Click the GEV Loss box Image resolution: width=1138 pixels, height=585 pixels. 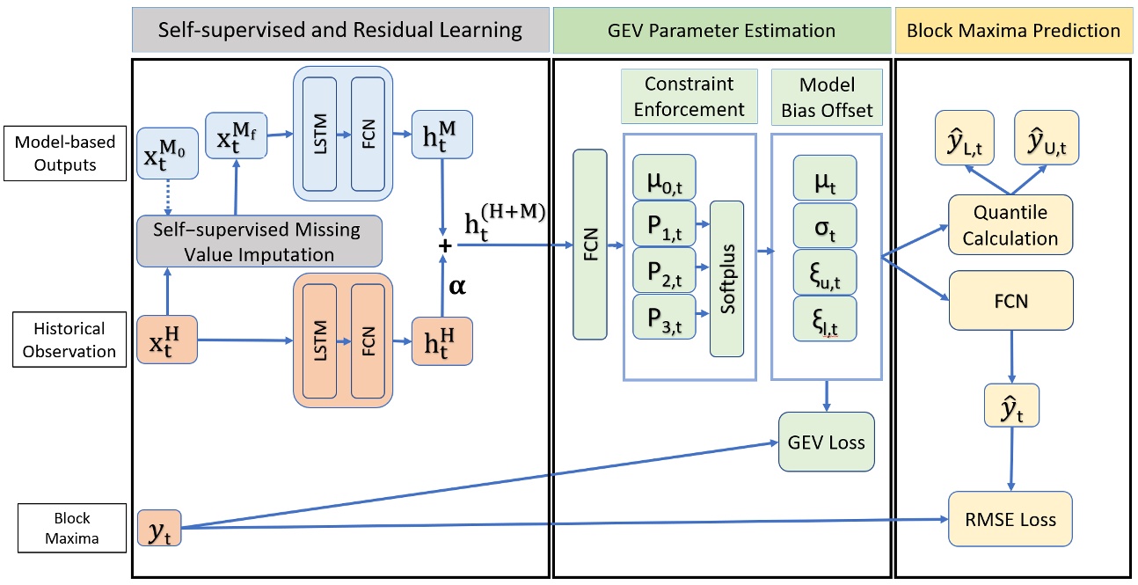coord(827,442)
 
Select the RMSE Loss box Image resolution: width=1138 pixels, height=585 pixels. coord(1010,520)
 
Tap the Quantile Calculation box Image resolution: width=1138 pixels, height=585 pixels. coord(1010,227)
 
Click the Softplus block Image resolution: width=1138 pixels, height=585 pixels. coord(726,278)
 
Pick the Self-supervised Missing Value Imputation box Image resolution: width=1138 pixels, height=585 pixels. coord(259,241)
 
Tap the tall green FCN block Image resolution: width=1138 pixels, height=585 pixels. coord(589,244)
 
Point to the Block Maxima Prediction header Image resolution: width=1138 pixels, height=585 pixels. coord(1013,31)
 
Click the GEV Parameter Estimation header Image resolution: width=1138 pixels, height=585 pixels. coord(722,31)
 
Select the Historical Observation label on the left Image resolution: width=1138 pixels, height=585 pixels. coord(69,340)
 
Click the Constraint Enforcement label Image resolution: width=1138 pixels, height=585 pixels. coord(689,97)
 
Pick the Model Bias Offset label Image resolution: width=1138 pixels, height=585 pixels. coord(826,97)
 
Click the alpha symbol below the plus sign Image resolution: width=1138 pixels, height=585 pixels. coord(456,288)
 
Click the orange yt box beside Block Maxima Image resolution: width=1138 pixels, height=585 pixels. coord(158,527)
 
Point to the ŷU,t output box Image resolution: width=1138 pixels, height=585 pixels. coord(1042,140)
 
